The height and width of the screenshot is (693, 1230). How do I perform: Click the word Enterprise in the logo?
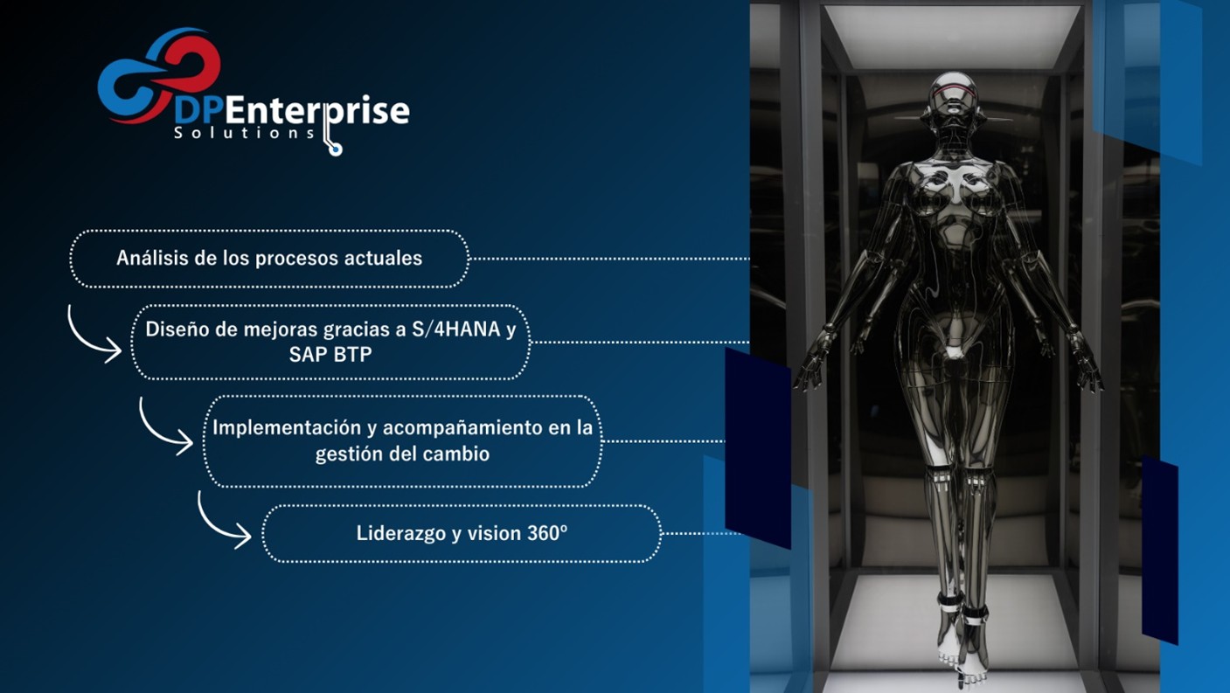316,111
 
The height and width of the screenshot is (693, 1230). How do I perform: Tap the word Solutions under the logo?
245,133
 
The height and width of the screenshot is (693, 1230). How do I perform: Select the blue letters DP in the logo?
198,111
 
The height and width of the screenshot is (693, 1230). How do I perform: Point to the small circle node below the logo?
335,149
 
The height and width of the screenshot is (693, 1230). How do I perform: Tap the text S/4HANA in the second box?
456,329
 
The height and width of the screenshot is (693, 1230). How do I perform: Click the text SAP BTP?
330,355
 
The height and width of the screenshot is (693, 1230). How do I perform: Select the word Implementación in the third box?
286,427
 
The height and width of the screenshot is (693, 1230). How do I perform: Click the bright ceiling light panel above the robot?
953,36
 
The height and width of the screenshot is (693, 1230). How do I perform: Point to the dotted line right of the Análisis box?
609,258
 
